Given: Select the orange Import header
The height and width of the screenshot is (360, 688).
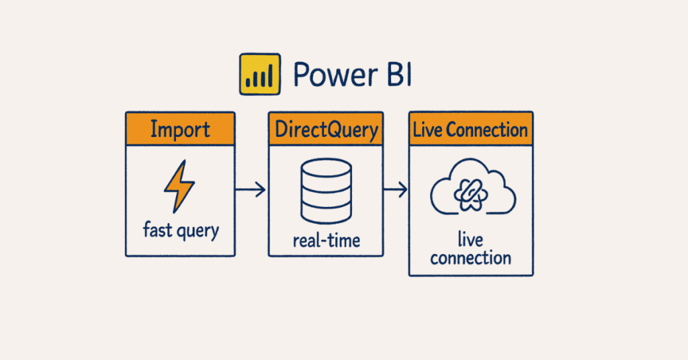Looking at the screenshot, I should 180,130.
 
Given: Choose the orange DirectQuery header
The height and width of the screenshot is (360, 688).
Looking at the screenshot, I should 326,130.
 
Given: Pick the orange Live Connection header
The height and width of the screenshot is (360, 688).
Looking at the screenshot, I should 470,130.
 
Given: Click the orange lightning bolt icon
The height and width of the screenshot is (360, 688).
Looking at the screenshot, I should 179,186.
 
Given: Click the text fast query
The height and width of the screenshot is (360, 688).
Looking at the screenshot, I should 181,231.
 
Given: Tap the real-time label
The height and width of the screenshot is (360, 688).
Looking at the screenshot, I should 326,240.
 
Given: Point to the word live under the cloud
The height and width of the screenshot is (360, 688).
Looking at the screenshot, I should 471,240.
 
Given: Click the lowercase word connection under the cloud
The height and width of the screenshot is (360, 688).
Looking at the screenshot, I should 471,258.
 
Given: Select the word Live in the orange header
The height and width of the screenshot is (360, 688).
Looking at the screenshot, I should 427,130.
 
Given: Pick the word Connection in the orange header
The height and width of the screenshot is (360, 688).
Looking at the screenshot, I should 486,130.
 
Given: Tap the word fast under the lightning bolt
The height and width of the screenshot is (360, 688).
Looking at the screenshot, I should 157,230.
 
